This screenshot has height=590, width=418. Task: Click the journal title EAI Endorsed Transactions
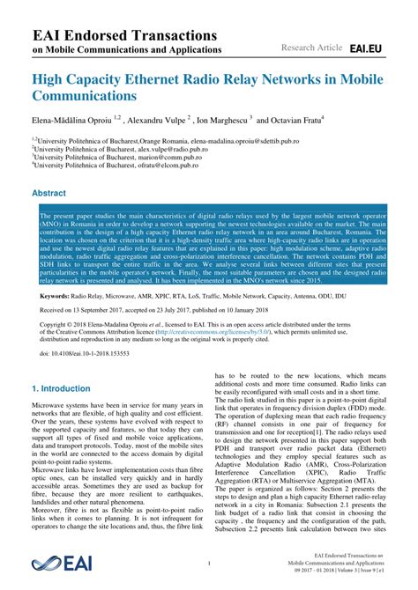[x=123, y=35]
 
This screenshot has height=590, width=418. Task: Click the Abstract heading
[x=49, y=192]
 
